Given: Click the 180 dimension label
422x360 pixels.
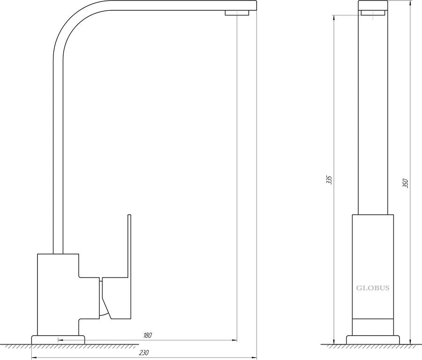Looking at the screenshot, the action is tap(148, 335).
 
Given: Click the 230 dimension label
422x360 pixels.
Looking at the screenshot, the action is tap(144, 352).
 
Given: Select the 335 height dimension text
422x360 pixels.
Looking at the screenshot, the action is tap(329, 180).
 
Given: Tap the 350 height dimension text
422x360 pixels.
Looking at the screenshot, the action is tap(406, 183).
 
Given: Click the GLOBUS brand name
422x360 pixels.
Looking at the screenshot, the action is tap(373, 288).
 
